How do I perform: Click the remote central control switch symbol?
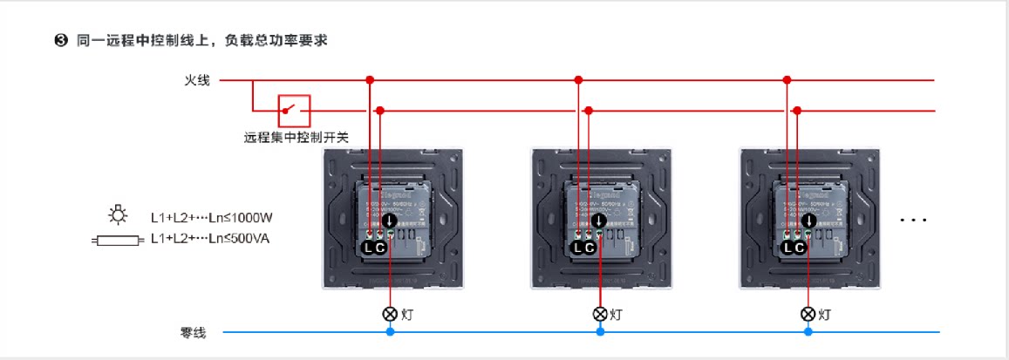point(294,111)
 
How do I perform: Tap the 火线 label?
point(196,81)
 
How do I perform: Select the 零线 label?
point(193,332)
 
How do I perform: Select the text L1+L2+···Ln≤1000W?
point(213,216)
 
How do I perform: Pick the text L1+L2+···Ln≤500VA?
point(210,238)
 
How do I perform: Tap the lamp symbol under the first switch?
point(390,314)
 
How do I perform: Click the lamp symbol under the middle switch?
point(600,314)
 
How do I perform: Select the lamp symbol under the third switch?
point(808,314)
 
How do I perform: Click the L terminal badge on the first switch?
point(368,248)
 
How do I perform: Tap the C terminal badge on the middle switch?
point(590,248)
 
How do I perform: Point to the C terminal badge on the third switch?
point(798,248)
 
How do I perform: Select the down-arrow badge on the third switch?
point(809,221)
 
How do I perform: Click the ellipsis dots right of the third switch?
point(913,221)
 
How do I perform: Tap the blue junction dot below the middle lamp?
point(600,332)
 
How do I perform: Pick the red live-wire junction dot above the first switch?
point(370,80)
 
